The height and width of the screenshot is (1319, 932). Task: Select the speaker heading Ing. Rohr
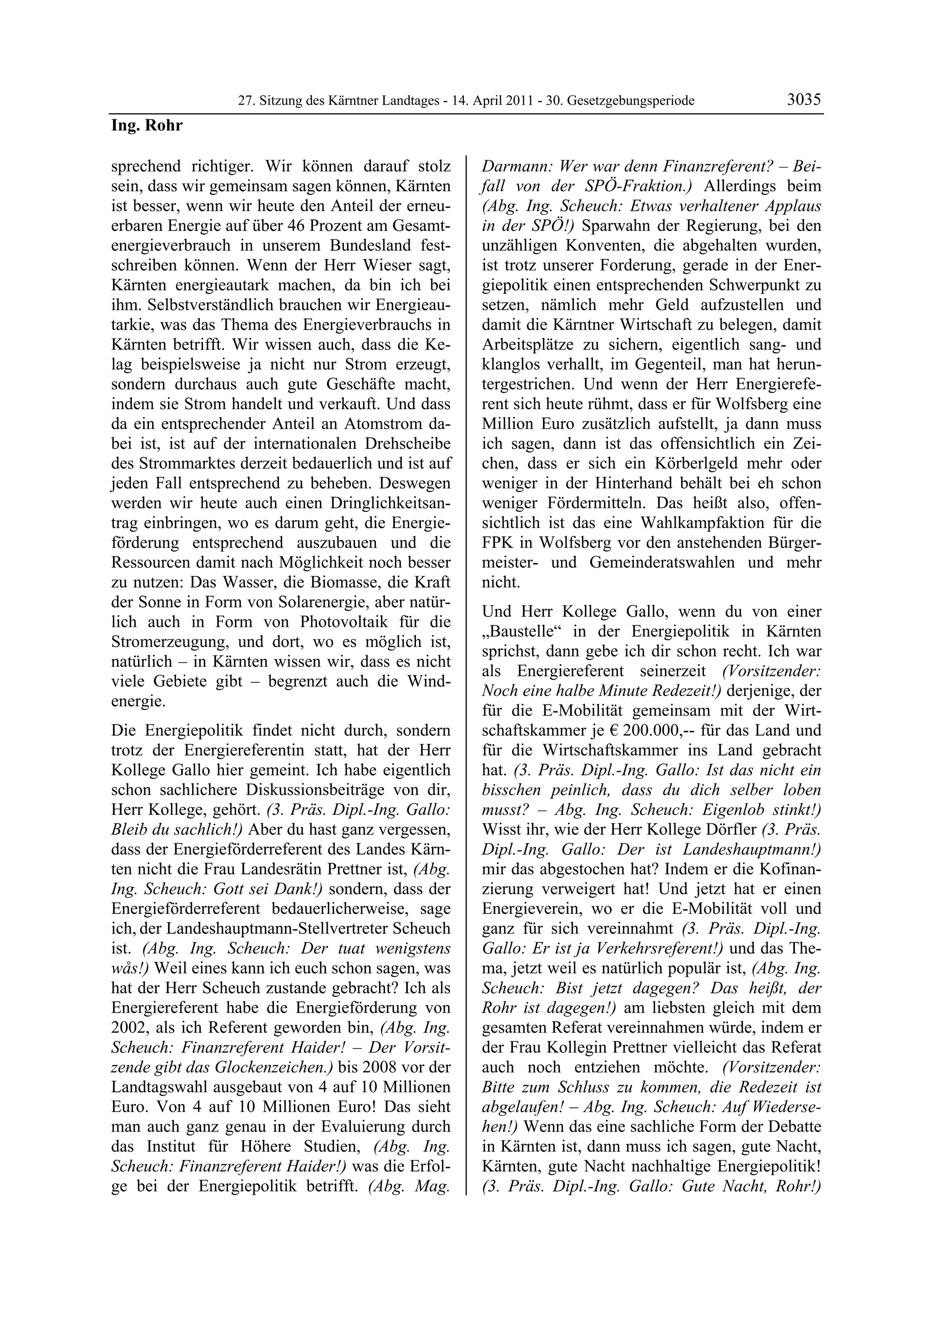[x=147, y=125]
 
